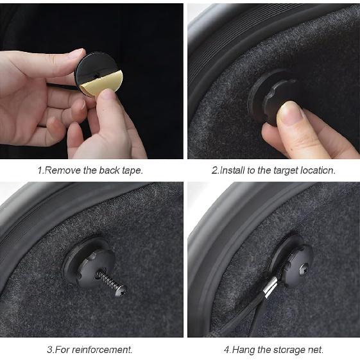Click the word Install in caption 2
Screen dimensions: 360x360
click(x=232, y=170)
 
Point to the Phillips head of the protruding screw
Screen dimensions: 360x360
click(x=121, y=291)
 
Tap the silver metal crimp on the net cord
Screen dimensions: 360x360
click(x=271, y=287)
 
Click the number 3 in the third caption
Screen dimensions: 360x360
click(x=50, y=350)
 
